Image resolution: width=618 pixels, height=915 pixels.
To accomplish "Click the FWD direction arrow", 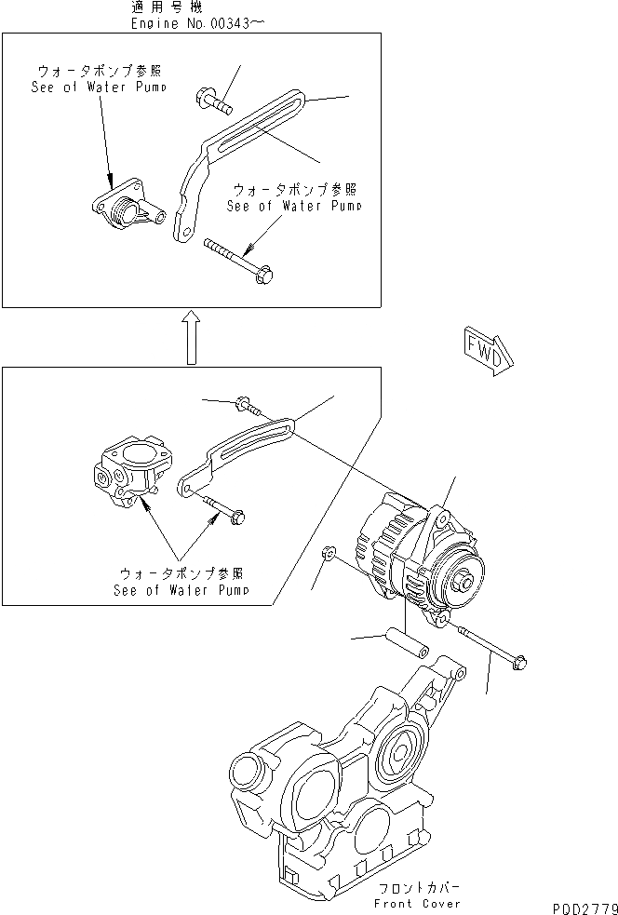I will click(486, 351).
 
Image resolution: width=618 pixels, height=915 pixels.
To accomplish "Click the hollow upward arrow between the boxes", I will click(189, 337).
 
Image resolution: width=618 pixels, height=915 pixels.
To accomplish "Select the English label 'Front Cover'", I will click(416, 904).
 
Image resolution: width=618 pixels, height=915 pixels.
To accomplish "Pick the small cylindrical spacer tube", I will click(406, 640).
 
